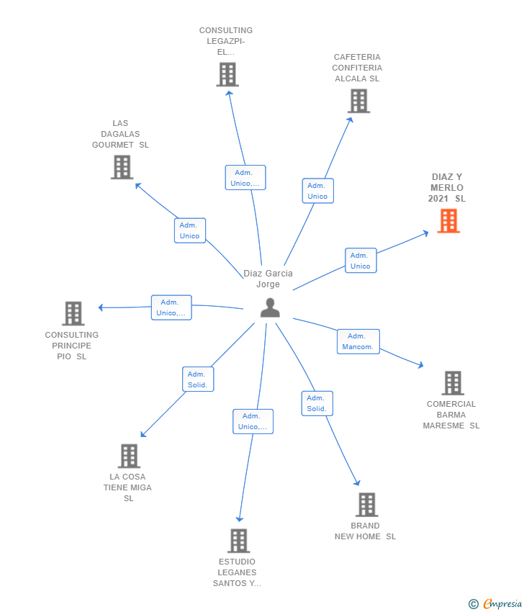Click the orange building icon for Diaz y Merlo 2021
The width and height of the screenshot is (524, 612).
click(448, 221)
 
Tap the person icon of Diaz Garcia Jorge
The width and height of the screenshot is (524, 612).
click(270, 307)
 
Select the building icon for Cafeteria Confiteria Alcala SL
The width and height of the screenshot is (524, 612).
click(358, 101)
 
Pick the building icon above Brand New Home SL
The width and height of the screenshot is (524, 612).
click(366, 505)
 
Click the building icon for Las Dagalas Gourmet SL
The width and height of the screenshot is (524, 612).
click(122, 167)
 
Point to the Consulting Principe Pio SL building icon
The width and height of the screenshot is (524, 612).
click(73, 313)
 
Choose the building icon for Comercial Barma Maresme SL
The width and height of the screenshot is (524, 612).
click(452, 383)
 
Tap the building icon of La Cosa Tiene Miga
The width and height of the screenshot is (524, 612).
click(128, 456)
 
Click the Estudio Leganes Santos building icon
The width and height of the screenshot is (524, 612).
click(238, 541)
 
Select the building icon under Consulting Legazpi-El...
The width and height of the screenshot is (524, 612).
click(227, 74)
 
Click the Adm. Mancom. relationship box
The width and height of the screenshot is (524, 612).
click(358, 341)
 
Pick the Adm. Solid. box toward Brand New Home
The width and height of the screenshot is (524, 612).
click(317, 403)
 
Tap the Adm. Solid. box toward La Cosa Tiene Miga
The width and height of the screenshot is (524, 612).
click(197, 379)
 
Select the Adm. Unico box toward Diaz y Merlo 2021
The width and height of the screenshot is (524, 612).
click(360, 261)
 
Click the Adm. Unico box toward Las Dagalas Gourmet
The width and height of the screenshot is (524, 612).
click(190, 230)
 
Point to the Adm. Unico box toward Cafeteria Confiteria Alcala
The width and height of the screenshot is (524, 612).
click(317, 191)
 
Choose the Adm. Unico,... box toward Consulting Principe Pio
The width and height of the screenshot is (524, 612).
click(171, 307)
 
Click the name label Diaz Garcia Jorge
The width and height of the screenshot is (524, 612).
click(268, 279)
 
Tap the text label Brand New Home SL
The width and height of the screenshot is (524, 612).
click(365, 531)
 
